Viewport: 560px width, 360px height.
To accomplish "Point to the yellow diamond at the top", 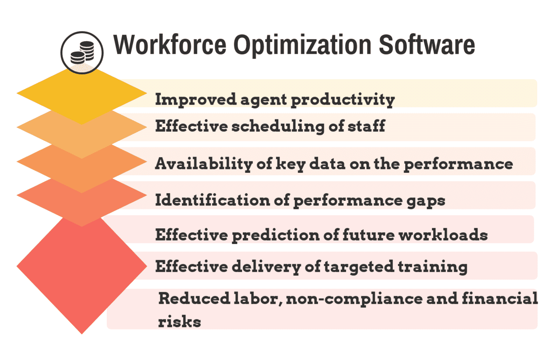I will [82, 93].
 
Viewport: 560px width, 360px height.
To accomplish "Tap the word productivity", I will [343, 100].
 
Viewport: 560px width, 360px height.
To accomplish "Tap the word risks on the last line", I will [179, 322].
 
